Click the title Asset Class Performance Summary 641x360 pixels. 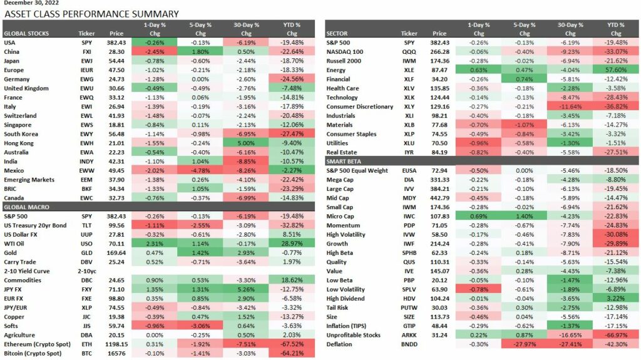[91, 14]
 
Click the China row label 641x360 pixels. [13, 51]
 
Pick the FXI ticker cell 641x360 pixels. [86, 51]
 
